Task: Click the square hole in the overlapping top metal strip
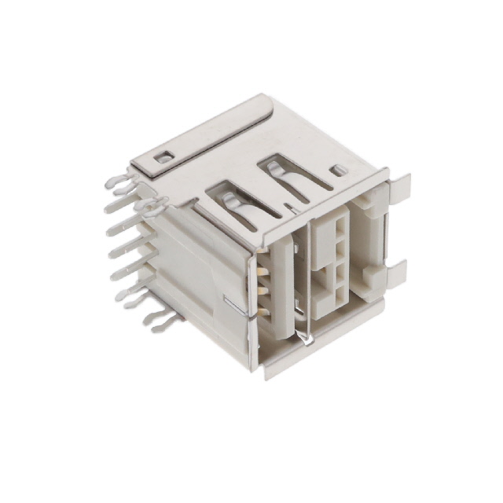tap(163, 157)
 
